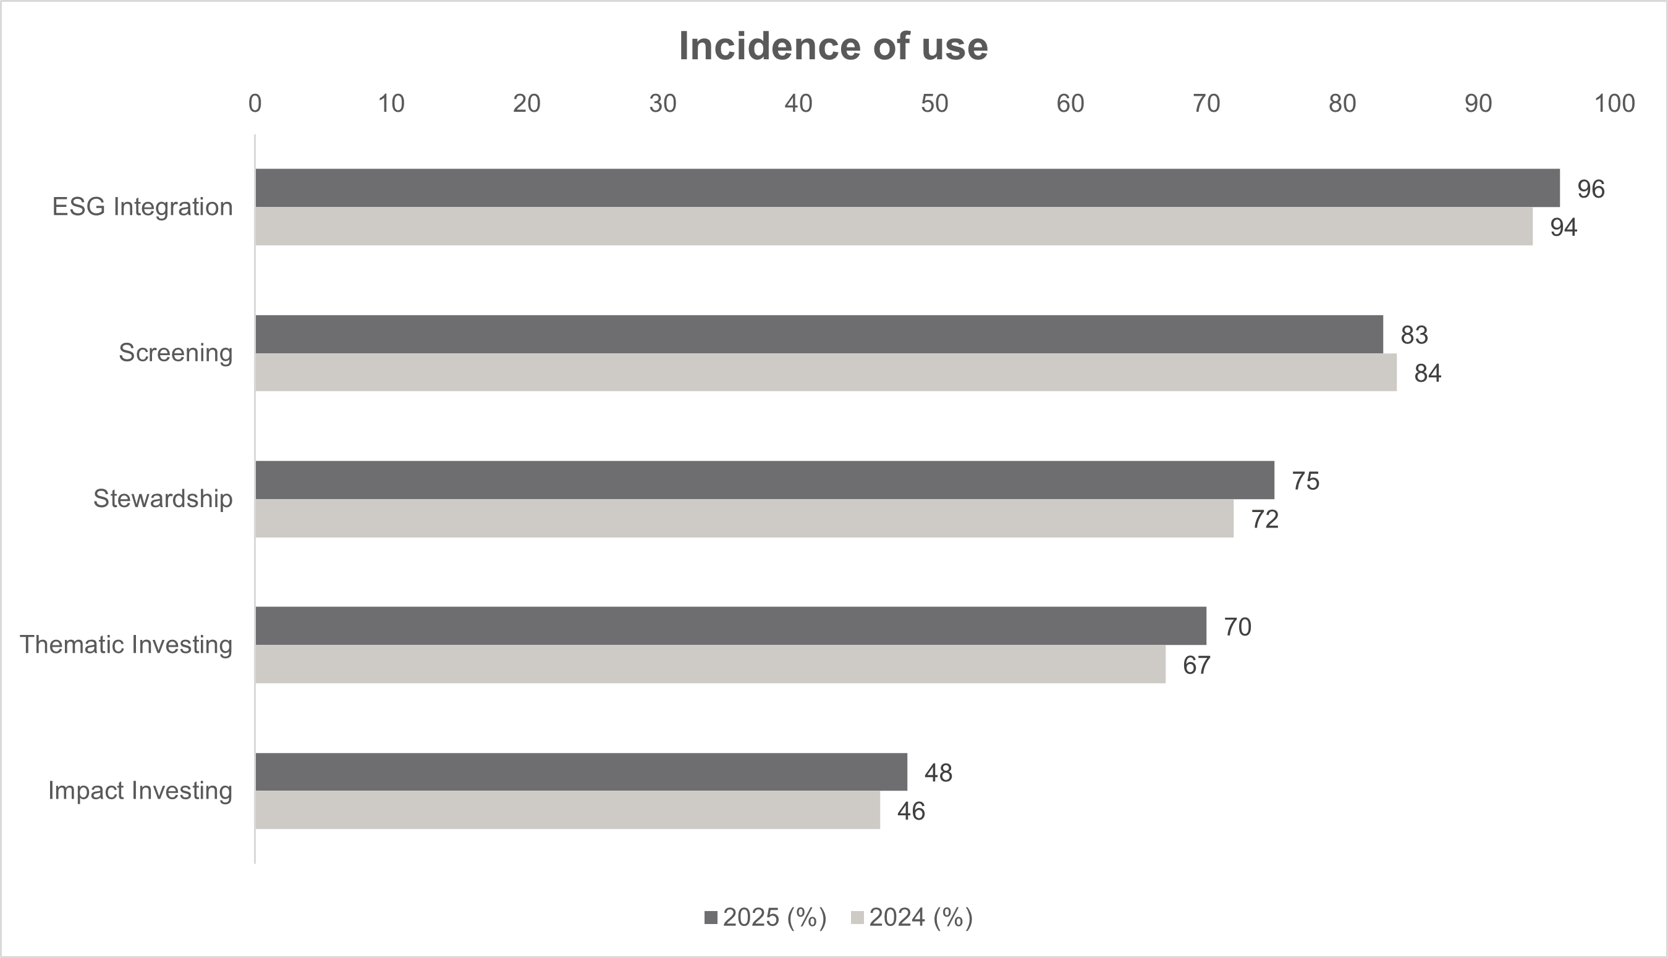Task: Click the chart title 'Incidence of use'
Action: pyautogui.click(x=832, y=46)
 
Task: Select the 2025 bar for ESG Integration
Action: pyautogui.click(x=907, y=188)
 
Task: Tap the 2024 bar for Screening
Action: pyautogui.click(x=826, y=372)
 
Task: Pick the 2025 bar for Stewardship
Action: pyautogui.click(x=764, y=480)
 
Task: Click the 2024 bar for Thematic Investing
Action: pyautogui.click(x=709, y=665)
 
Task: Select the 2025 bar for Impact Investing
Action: pyautogui.click(x=580, y=772)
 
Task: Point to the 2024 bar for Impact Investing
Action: pyautogui.click(x=567, y=810)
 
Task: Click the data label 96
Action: pyautogui.click(x=1590, y=190)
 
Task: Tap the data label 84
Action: pyautogui.click(x=1428, y=374)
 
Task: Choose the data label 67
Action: pyautogui.click(x=1196, y=666)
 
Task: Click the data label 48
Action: pyautogui.click(x=938, y=773)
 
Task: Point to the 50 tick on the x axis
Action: pyautogui.click(x=934, y=103)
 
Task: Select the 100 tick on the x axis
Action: pyautogui.click(x=1614, y=103)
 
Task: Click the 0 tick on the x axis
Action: pyautogui.click(x=255, y=103)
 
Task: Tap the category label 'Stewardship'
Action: pyautogui.click(x=163, y=498)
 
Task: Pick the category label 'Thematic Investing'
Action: pyautogui.click(x=125, y=645)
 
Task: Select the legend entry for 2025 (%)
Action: pyautogui.click(x=766, y=918)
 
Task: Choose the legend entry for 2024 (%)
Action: pyautogui.click(x=912, y=918)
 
